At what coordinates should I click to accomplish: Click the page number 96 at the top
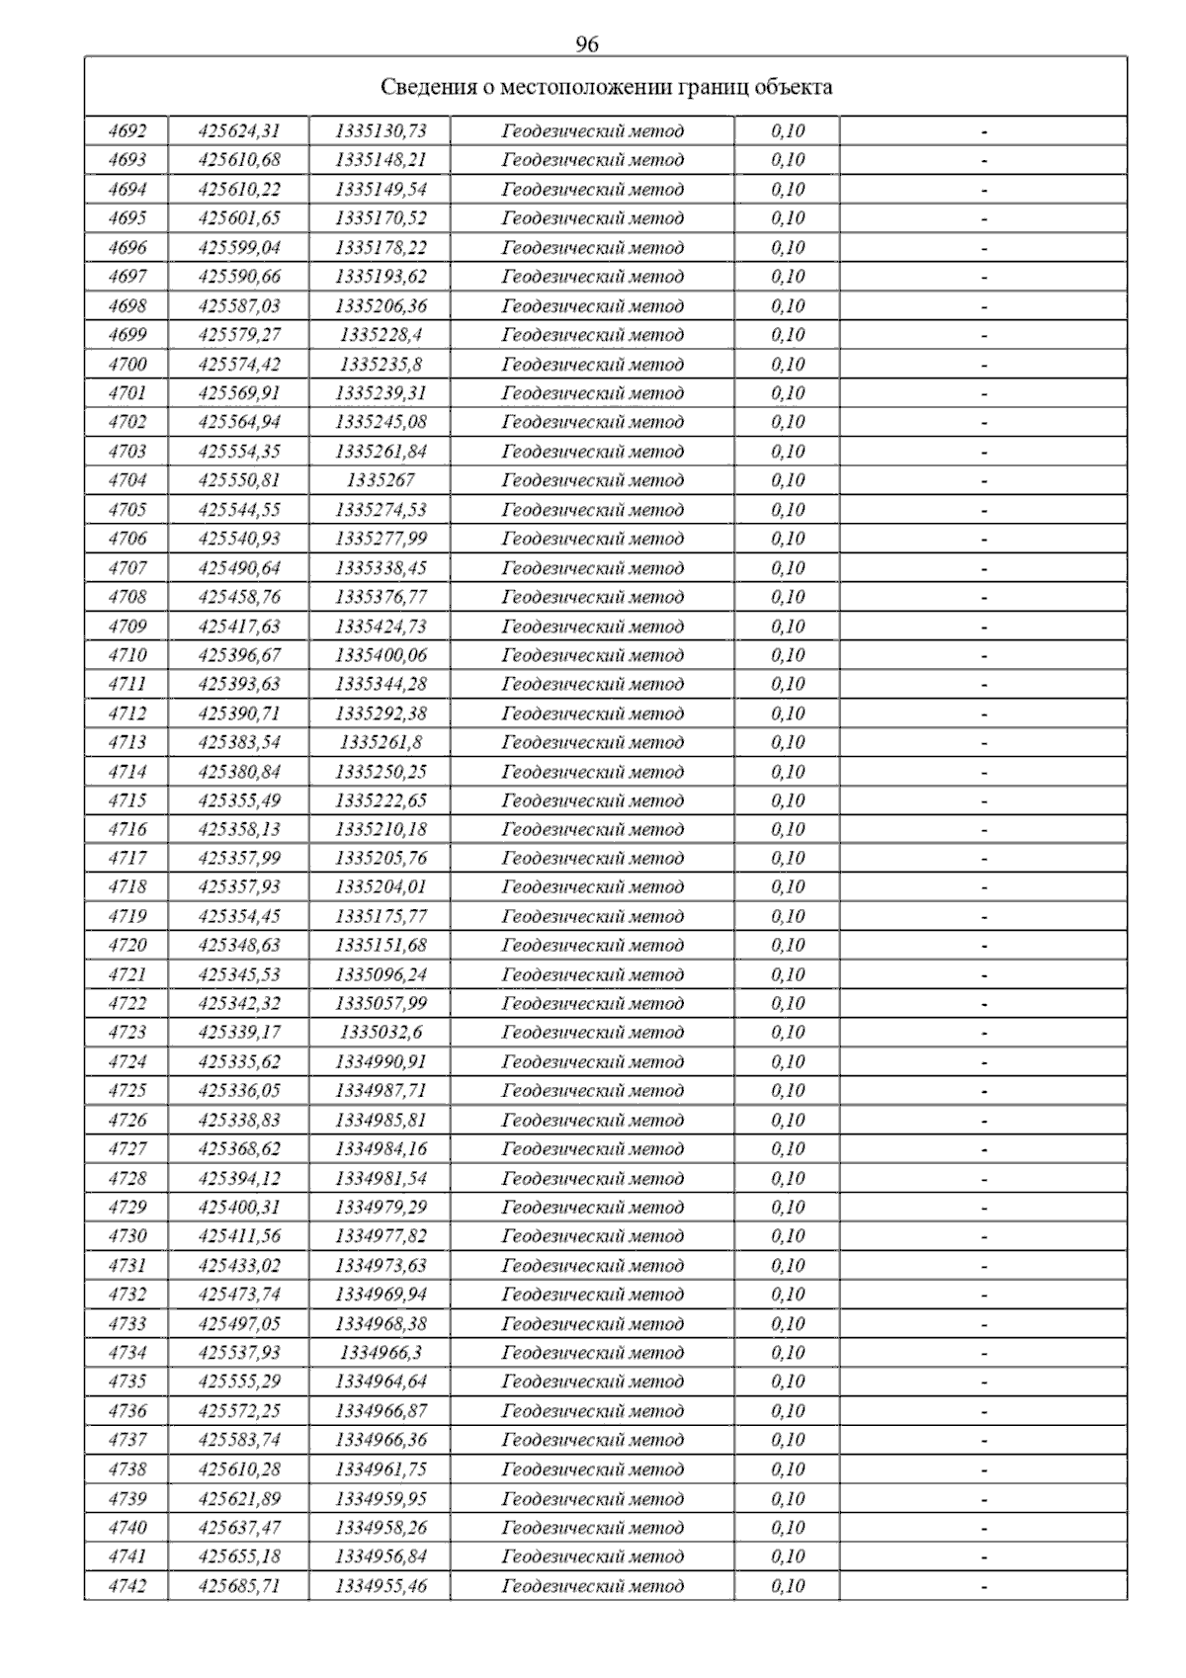click(x=586, y=44)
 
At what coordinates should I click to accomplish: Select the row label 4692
click(x=127, y=130)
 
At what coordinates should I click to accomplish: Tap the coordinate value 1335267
click(x=381, y=480)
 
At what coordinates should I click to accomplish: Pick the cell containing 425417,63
click(x=239, y=626)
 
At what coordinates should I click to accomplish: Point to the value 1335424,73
click(x=381, y=626)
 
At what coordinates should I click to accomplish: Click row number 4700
click(x=127, y=364)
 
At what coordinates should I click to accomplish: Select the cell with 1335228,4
click(x=381, y=335)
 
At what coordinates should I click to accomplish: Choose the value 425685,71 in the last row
click(x=239, y=1585)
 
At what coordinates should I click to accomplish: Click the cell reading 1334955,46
click(x=381, y=1585)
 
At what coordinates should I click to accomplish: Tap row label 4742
click(x=127, y=1585)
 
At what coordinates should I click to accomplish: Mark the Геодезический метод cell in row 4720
click(x=592, y=945)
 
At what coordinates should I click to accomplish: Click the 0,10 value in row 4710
click(x=788, y=654)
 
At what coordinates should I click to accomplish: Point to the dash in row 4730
click(x=984, y=1236)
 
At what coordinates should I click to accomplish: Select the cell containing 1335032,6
click(x=381, y=1032)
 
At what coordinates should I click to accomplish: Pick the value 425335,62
click(x=239, y=1061)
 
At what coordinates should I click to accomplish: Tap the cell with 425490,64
click(x=239, y=567)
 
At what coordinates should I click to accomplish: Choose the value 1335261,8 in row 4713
click(x=381, y=742)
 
